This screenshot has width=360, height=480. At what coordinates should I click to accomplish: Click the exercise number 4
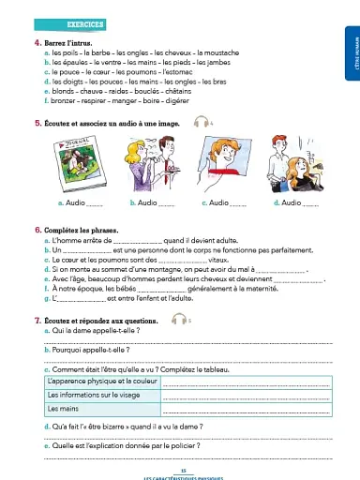pyautogui.click(x=35, y=45)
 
